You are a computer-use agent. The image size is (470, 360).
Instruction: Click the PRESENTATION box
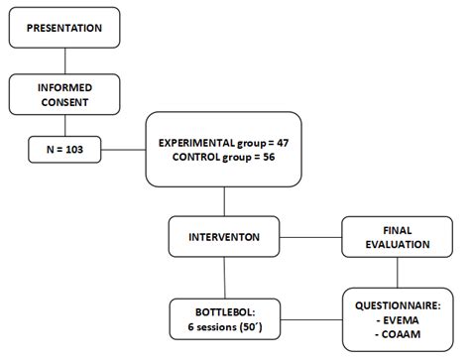pos(63,29)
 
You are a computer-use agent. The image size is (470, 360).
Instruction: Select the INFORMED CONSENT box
pos(63,96)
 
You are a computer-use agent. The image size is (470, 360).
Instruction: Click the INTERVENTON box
pos(225,238)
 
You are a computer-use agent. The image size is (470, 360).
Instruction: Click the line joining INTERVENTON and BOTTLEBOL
pos(225,277)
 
